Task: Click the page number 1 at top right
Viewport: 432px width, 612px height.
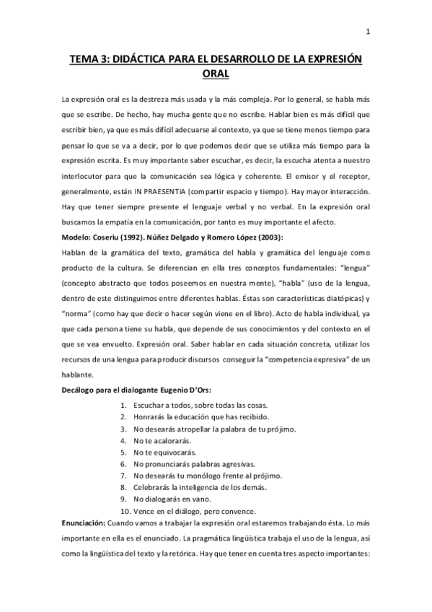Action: [x=368, y=32]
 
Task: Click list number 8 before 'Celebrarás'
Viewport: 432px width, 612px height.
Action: [x=124, y=487]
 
